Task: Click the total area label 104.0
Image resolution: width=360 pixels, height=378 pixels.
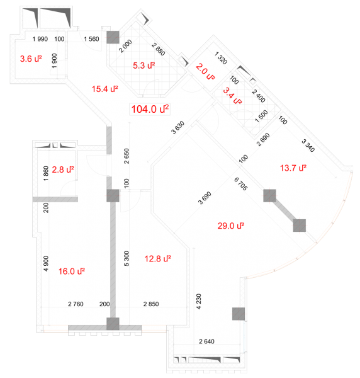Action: [150, 109]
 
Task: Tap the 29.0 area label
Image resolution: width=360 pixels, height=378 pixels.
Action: [231, 226]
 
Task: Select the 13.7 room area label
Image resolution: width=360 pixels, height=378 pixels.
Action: [293, 168]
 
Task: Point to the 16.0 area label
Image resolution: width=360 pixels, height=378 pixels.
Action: [72, 272]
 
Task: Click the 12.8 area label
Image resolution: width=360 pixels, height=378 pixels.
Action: [158, 259]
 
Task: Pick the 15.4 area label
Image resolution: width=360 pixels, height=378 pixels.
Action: [104, 89]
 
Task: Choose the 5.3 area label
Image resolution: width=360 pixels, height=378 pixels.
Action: [143, 66]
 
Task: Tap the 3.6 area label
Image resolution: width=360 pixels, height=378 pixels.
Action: [31, 59]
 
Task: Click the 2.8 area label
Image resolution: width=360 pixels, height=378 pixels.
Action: [63, 169]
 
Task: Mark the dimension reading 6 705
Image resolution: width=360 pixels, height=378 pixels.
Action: [240, 184]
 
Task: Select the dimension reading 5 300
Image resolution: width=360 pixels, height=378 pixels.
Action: [127, 259]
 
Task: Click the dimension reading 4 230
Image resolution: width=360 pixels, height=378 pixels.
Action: [198, 301]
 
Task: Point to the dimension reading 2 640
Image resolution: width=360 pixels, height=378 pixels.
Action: [206, 341]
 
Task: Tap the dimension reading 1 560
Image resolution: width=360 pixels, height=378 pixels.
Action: [91, 39]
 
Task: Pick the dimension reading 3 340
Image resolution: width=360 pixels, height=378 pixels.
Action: [308, 146]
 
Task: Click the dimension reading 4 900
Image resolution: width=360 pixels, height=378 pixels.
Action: [46, 263]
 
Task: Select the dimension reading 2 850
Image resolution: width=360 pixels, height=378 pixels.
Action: [151, 304]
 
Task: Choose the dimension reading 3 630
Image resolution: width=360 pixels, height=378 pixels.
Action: [177, 127]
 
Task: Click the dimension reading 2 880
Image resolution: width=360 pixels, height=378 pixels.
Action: [158, 49]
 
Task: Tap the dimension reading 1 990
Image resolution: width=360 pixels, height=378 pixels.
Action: [40, 39]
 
